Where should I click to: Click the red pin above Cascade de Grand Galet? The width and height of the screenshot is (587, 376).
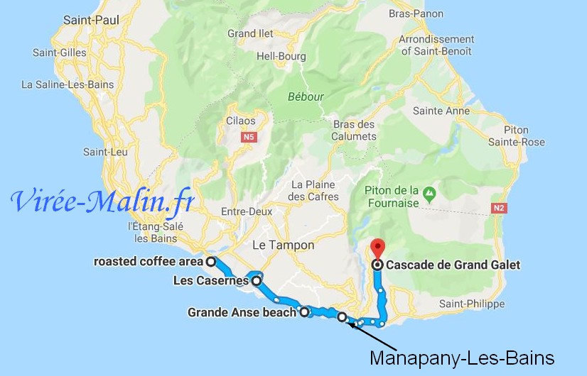pyautogui.click(x=377, y=248)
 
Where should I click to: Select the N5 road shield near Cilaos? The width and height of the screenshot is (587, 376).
pyautogui.click(x=248, y=137)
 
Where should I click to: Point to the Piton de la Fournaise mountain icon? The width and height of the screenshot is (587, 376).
pyautogui.click(x=429, y=192)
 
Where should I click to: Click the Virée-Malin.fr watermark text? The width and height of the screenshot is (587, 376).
pyautogui.click(x=102, y=201)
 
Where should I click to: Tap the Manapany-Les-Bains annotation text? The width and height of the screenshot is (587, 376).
pyautogui.click(x=461, y=357)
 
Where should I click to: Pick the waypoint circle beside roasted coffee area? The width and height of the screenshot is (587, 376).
pyautogui.click(x=211, y=262)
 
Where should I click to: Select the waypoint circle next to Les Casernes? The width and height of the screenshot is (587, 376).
pyautogui.click(x=256, y=281)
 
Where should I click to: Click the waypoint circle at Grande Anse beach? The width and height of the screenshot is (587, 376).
pyautogui.click(x=304, y=311)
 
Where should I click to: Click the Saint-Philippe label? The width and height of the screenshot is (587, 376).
pyautogui.click(x=469, y=304)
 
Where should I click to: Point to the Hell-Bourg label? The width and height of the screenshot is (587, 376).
pyautogui.click(x=281, y=56)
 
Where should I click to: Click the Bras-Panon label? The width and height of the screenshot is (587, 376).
pyautogui.click(x=426, y=13)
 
